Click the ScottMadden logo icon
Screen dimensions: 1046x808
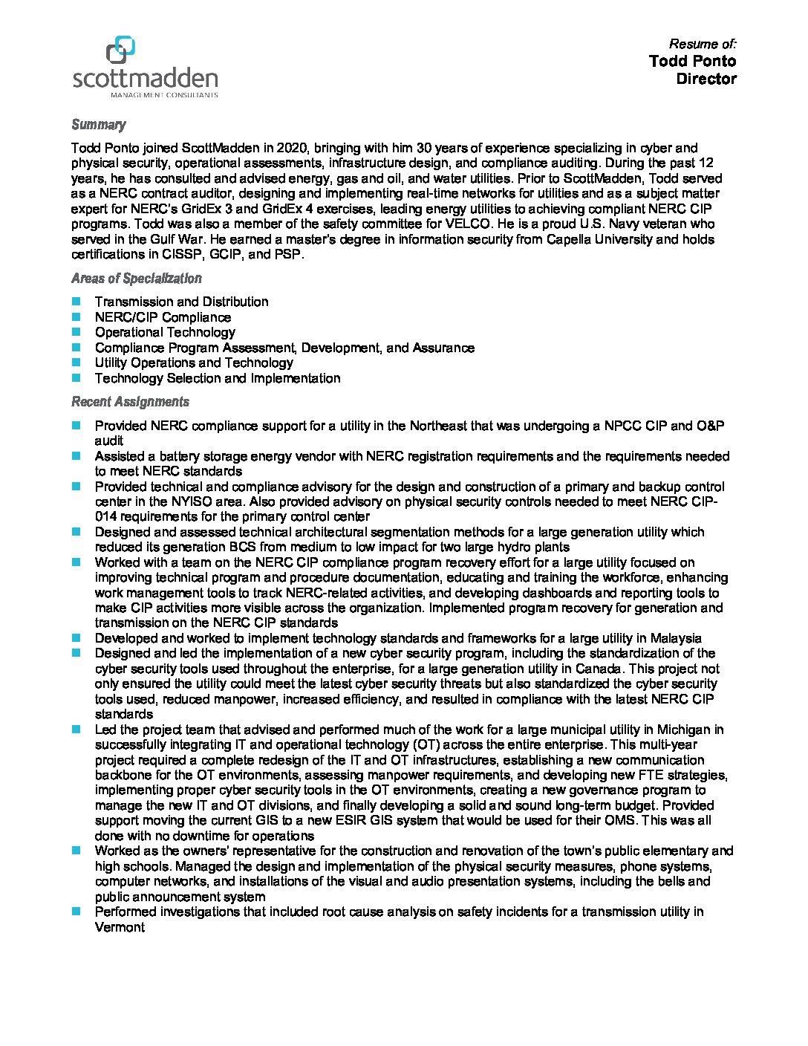pos(120,51)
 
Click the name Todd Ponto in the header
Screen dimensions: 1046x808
pos(692,61)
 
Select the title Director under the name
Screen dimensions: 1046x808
pos(706,79)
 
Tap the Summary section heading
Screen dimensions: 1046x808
pos(98,125)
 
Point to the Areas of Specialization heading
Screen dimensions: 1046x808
pos(136,279)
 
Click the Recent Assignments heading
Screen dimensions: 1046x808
pos(130,402)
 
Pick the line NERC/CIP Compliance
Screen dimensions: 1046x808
pos(163,317)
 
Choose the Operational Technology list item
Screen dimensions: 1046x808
pos(165,332)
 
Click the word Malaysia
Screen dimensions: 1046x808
pos(675,638)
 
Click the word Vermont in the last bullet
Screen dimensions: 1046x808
pos(120,926)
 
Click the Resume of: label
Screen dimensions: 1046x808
pos(703,44)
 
